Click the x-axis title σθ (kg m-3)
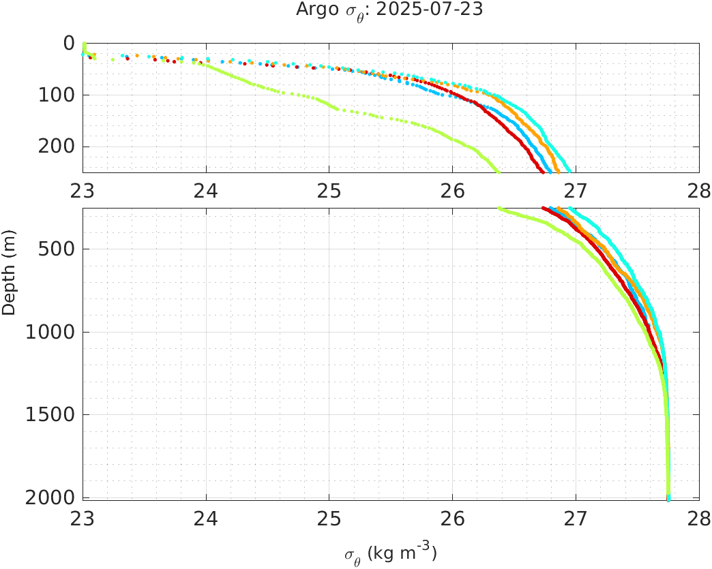coord(389,553)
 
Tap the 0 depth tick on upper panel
coord(68,43)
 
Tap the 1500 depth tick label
coord(50,414)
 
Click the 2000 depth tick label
coord(50,497)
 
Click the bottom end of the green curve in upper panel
coord(498,171)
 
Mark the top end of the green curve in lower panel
coord(499,209)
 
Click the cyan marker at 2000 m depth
coord(668,497)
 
